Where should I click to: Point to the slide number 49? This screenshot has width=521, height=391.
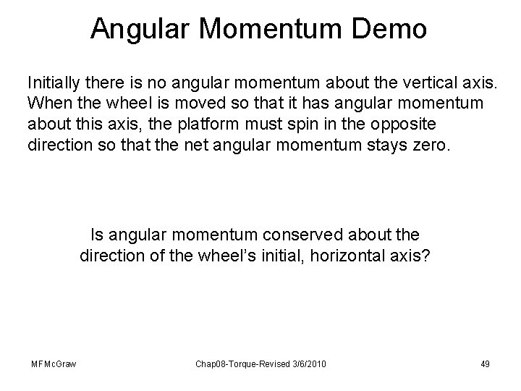[x=484, y=363]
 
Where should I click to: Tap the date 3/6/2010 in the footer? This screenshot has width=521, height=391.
[x=309, y=363]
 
